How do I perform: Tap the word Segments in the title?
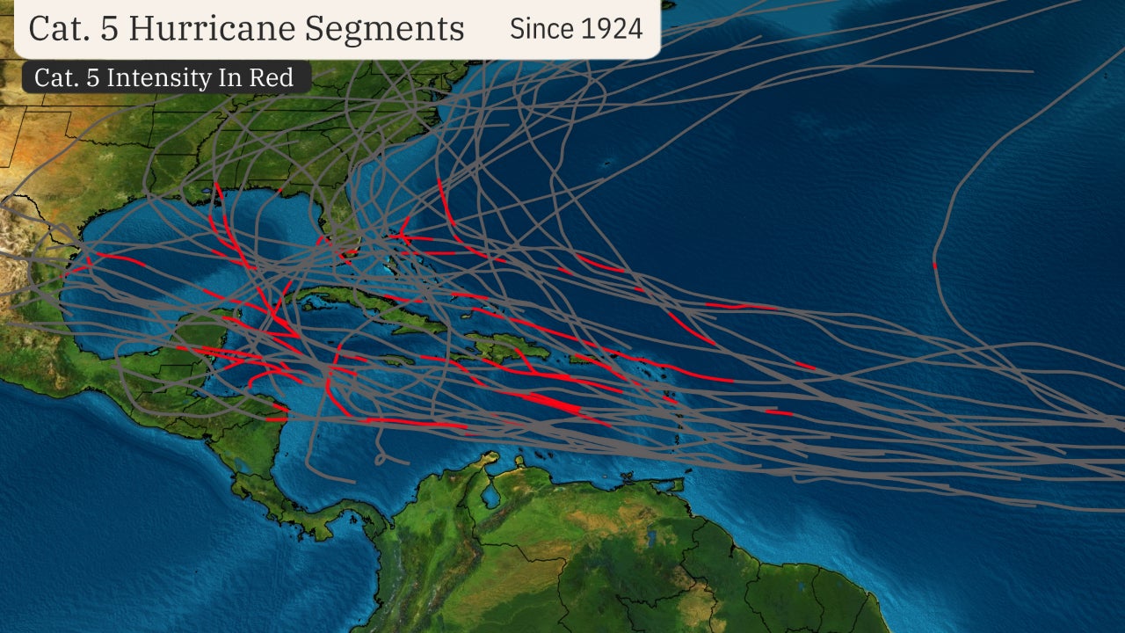tap(384, 28)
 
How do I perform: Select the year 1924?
tap(613, 28)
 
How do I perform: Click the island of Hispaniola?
tap(497, 348)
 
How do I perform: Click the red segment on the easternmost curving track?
tap(934, 265)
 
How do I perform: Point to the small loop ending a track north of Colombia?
tap(381, 458)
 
